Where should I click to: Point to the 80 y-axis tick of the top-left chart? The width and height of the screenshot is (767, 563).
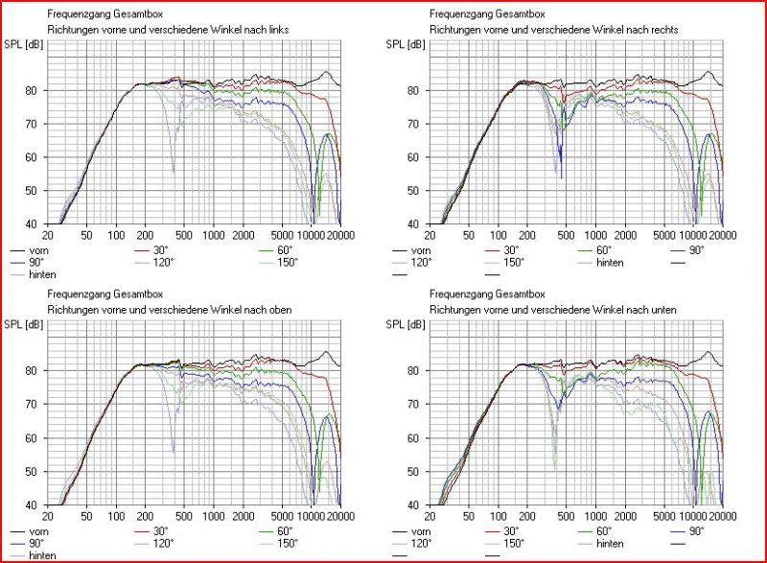[33, 91]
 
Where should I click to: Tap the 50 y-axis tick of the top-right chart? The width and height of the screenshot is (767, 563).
[414, 191]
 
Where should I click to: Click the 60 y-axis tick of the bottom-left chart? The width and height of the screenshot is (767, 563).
[33, 438]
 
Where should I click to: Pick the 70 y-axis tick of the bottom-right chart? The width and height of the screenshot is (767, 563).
[414, 405]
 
